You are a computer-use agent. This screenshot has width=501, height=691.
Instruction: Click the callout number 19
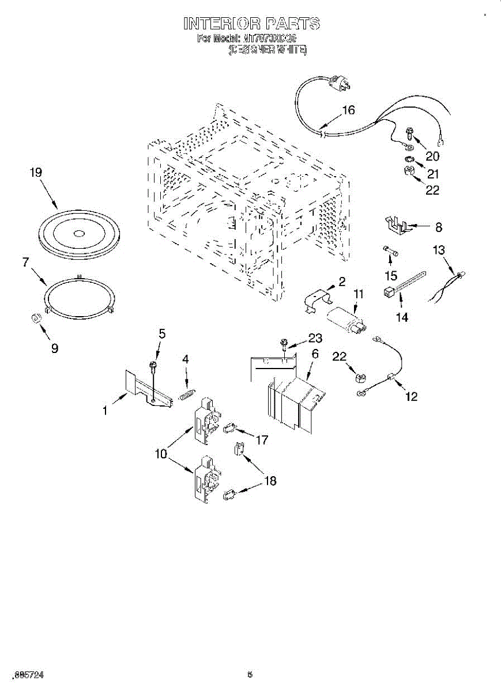tap(36, 172)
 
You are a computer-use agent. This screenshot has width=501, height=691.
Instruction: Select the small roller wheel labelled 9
tap(36, 319)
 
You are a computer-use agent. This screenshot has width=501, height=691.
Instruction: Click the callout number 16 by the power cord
tap(349, 111)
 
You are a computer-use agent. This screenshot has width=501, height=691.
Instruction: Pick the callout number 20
tap(432, 155)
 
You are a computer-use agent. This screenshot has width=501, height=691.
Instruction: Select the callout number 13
tap(439, 249)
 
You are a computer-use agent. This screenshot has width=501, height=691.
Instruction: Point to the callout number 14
tap(402, 317)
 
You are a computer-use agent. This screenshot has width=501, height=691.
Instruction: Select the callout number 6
tap(315, 354)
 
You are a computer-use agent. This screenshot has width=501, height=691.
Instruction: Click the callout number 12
tap(411, 396)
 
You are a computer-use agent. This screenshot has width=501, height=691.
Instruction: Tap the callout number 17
tap(262, 440)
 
